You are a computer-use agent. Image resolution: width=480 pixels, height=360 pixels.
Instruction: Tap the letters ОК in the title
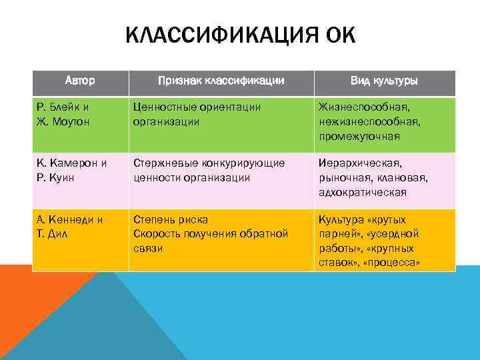pos(339,35)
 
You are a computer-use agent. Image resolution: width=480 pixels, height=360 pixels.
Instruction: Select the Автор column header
pos(80,81)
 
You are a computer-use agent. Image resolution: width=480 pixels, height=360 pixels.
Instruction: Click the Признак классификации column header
pos(221,81)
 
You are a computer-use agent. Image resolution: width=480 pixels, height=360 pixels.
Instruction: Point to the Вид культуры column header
pos(384,81)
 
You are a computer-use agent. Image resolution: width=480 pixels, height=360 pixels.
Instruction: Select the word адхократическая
pos(363,192)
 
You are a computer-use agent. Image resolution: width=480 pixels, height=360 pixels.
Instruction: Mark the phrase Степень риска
pos(171,219)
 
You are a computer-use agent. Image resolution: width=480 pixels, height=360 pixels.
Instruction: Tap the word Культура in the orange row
pos(341,219)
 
